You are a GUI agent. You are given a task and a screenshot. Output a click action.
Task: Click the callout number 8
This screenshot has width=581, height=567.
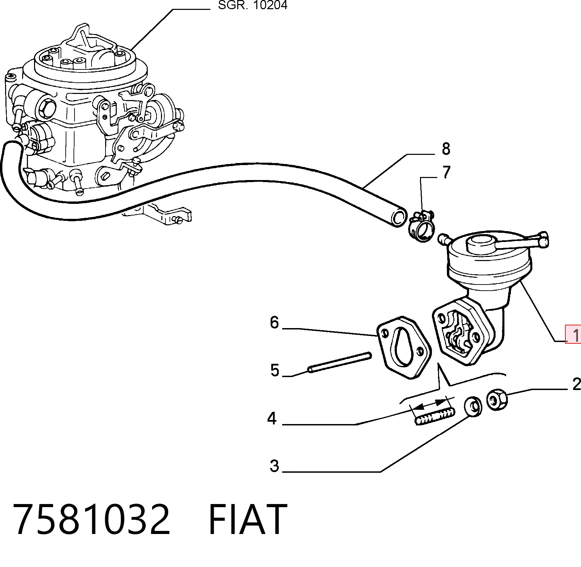pyautogui.click(x=446, y=149)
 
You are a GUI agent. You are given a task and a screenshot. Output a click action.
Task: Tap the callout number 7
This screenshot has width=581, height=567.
pyautogui.click(x=446, y=172)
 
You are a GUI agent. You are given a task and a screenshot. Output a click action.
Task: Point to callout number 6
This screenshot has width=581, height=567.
pyautogui.click(x=274, y=322)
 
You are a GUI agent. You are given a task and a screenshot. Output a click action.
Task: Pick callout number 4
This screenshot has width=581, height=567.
pyautogui.click(x=272, y=418)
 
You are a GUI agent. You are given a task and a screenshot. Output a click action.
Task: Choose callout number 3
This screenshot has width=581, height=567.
pyautogui.click(x=274, y=466)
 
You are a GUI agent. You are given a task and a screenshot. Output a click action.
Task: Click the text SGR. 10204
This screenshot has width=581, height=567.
pyautogui.click(x=253, y=5)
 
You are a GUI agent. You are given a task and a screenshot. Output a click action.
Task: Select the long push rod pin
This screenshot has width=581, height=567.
pyautogui.click(x=339, y=362)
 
